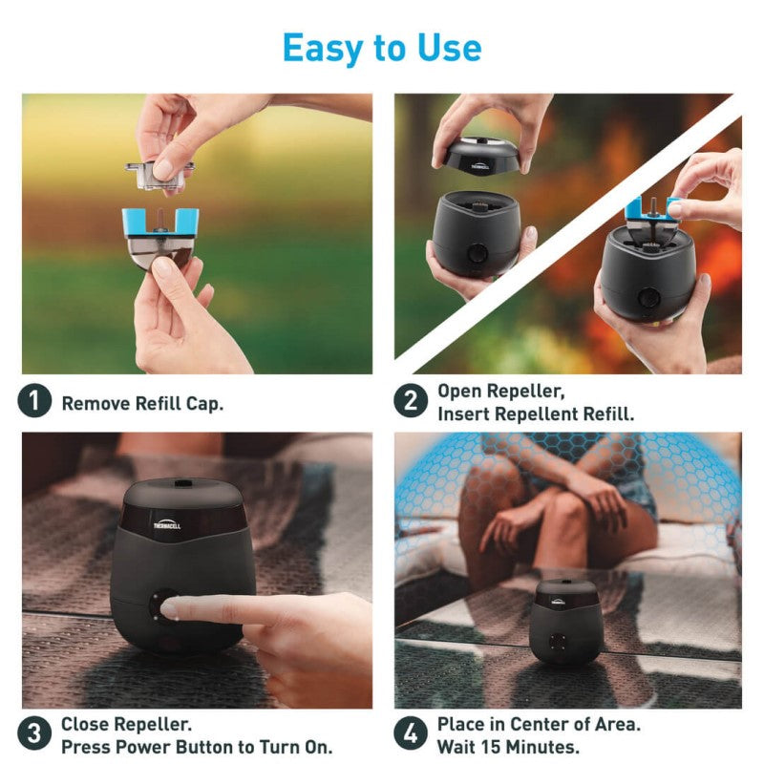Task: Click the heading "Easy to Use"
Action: (x=382, y=47)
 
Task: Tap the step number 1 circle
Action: (x=34, y=402)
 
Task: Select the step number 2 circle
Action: (x=411, y=402)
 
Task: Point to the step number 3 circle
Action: (x=34, y=734)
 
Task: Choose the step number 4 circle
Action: (x=411, y=734)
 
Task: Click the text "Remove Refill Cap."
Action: (x=142, y=403)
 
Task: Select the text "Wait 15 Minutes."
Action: (x=508, y=746)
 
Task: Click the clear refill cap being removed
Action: (x=159, y=171)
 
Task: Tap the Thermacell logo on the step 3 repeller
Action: (x=169, y=522)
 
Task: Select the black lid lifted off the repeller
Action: (x=482, y=157)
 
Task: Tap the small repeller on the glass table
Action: (x=566, y=620)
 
